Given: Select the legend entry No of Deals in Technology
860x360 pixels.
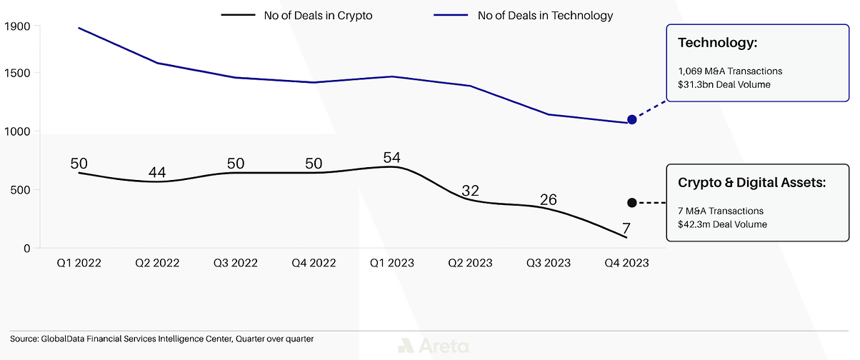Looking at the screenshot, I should [x=545, y=15].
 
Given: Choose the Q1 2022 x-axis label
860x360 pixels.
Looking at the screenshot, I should [x=79, y=263].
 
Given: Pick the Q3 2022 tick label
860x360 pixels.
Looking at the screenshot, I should [x=236, y=263].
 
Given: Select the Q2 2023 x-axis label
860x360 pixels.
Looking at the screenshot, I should [x=469, y=263].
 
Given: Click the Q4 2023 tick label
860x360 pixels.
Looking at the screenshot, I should [x=626, y=263].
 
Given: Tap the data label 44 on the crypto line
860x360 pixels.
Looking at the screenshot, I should [x=158, y=172].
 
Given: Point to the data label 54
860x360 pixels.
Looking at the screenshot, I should [x=391, y=157].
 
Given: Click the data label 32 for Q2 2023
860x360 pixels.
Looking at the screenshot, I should [x=469, y=191].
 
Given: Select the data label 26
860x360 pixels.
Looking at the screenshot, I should [x=548, y=199].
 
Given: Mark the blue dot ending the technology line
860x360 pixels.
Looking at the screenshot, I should [x=631, y=119].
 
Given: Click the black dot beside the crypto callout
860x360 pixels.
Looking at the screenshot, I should [x=631, y=203].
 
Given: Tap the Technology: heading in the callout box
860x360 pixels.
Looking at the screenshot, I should [x=717, y=44].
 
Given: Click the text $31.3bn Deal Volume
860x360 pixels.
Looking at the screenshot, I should [x=724, y=85].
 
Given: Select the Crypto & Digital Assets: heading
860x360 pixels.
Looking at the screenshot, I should [x=751, y=183].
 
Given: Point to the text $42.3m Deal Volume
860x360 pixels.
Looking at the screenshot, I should [x=722, y=224].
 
